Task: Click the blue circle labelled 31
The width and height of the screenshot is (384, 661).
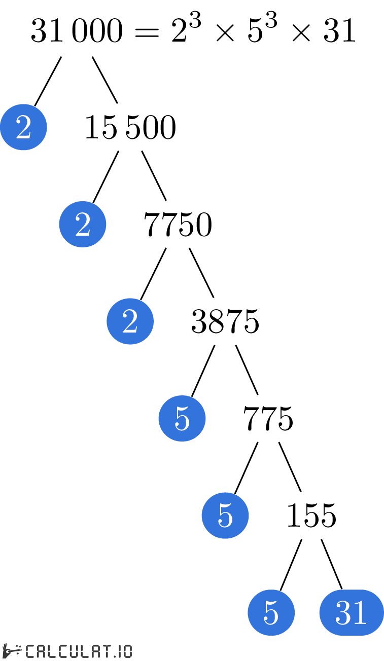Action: [351, 612]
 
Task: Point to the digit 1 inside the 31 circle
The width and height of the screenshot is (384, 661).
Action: [360, 612]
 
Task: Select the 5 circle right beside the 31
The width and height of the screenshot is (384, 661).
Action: [271, 612]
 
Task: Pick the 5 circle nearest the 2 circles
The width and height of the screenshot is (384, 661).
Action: [182, 418]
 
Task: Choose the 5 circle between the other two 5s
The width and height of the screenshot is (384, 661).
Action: [225, 515]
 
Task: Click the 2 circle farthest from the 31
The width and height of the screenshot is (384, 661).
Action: [23, 127]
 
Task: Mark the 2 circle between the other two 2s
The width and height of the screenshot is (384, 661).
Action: [82, 224]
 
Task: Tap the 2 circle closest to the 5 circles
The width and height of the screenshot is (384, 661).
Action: [130, 321]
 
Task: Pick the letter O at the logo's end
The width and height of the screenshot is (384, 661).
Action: [127, 651]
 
